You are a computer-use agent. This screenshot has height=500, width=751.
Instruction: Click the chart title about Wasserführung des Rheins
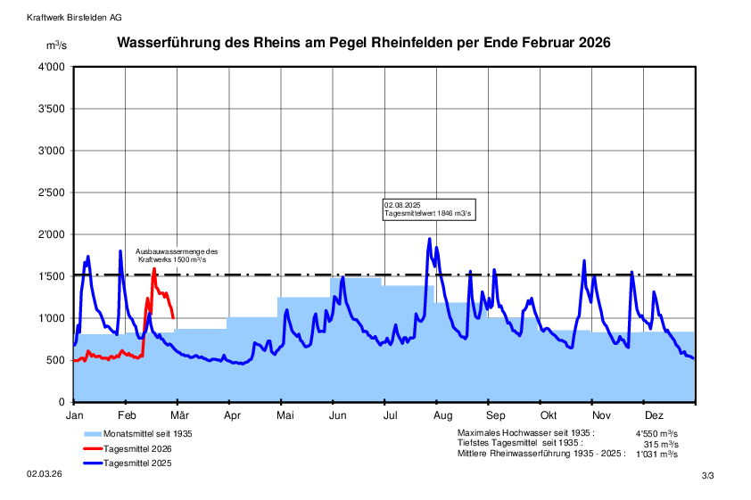364,43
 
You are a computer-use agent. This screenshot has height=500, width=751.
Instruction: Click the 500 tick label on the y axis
56,360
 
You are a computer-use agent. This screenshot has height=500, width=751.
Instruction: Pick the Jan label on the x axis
75,415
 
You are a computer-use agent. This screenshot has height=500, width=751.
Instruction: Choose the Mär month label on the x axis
179,415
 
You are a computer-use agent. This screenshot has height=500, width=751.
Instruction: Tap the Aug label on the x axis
441,415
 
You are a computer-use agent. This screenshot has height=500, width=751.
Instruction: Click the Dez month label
654,415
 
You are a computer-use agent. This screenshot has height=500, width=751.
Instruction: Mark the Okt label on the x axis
549,415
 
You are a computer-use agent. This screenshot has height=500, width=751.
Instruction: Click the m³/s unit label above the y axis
56,45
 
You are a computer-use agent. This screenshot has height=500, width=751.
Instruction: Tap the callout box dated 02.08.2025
427,209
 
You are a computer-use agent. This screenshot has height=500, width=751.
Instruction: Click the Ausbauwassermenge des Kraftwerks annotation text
177,255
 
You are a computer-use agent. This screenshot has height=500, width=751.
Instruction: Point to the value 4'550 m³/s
656,433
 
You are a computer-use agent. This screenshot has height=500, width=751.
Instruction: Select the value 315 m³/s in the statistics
661,443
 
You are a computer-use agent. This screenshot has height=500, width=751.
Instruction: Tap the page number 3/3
708,477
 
